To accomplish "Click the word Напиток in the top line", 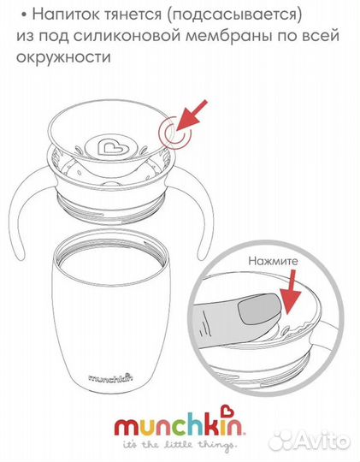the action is pos(68,15).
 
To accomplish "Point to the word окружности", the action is pos(63,56).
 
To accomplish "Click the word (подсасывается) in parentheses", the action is pos(234,15).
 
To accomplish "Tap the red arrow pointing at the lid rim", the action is pos(192,115).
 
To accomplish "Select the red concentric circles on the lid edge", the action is pos(174,133).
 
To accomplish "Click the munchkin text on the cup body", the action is pos(110,377).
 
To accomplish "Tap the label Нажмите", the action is pos(273,261).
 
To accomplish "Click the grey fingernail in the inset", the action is pos(258,310).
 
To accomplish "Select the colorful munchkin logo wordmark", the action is pos(179,424).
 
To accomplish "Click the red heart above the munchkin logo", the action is pos(227,412).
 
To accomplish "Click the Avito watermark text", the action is pos(322,441).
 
